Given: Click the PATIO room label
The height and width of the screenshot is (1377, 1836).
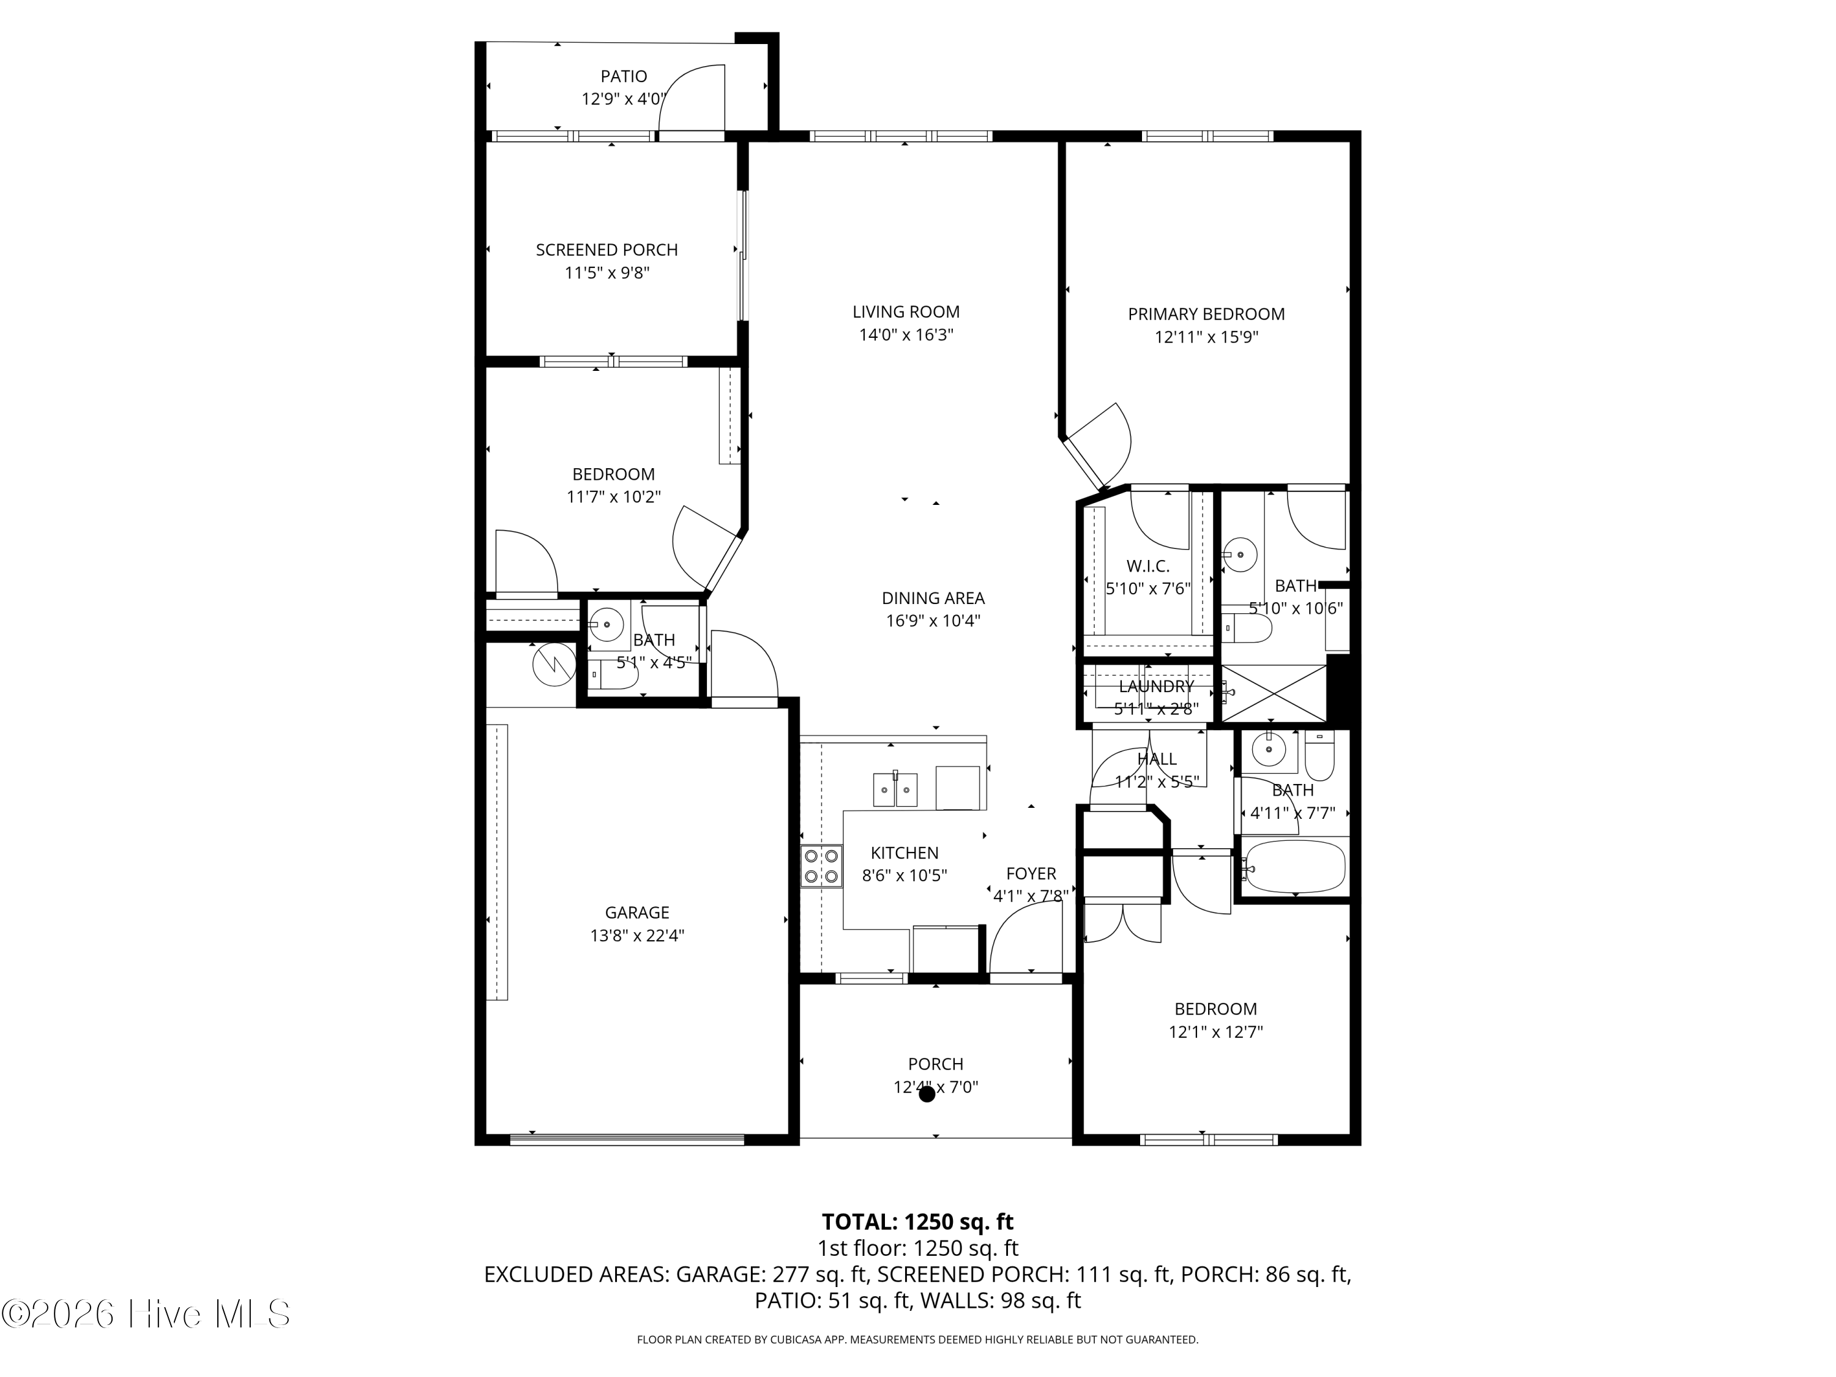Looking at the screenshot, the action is click(624, 76).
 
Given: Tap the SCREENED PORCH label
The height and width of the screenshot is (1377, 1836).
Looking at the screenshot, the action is click(606, 250).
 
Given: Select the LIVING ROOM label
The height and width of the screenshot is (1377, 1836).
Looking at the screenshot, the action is click(906, 312).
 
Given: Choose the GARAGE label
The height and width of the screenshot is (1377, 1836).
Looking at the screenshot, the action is click(636, 913).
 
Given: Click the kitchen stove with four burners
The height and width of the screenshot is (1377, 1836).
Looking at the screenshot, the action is click(821, 866).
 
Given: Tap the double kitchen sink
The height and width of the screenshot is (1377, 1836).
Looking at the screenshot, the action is click(895, 789).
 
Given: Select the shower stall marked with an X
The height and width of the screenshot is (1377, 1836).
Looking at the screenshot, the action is click(1274, 693).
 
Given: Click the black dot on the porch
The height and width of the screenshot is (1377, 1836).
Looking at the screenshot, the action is click(927, 1095).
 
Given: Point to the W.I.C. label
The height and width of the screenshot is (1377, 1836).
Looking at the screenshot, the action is click(1148, 566).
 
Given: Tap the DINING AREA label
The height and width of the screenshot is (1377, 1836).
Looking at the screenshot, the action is click(933, 597).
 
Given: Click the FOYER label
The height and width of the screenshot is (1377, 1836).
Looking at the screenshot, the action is click(1031, 873).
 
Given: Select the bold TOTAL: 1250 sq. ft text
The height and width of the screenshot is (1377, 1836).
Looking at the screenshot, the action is click(917, 1222).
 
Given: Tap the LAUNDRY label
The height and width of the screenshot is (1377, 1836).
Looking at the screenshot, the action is click(1156, 687).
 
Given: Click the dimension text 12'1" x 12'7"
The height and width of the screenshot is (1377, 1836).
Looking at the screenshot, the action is click(1215, 1032).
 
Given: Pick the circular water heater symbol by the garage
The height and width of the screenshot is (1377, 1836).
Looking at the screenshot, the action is click(554, 664).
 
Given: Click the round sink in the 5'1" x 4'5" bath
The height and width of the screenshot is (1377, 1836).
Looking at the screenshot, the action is click(608, 624).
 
